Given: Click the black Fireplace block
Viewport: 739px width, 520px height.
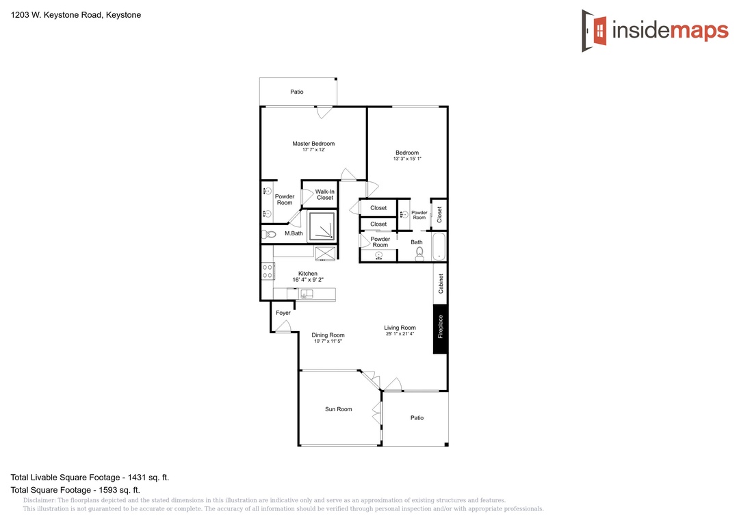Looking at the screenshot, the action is (x=440, y=329).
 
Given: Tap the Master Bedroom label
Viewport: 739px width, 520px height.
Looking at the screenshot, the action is (x=313, y=143).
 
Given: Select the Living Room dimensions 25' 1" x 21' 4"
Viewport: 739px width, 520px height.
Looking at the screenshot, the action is (x=400, y=334).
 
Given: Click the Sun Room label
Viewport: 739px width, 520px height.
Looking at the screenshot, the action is (x=339, y=409).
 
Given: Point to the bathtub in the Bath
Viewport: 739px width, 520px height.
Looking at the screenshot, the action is (x=439, y=246).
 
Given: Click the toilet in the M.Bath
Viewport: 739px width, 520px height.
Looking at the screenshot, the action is (x=269, y=234).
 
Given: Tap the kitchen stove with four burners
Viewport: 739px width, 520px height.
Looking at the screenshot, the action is (x=268, y=271).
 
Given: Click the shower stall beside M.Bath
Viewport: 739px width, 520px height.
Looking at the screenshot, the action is (x=322, y=226).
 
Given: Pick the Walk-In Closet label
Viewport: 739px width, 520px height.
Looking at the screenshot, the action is (x=325, y=195).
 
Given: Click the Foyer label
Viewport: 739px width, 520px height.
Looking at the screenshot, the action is (x=283, y=313).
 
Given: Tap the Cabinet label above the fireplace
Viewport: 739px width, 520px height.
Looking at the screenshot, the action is (x=441, y=283).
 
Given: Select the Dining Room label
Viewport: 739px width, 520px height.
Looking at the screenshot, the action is (x=328, y=335).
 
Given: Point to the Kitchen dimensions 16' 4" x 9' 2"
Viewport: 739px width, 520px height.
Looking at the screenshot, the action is (x=308, y=280).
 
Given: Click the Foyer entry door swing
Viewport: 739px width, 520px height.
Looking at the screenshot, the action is (x=283, y=326).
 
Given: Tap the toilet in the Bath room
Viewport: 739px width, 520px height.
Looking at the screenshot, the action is (x=419, y=254).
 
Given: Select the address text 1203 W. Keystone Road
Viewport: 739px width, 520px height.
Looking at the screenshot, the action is (x=56, y=14).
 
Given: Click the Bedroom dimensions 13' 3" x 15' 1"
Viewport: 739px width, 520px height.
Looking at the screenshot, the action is (x=407, y=159).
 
